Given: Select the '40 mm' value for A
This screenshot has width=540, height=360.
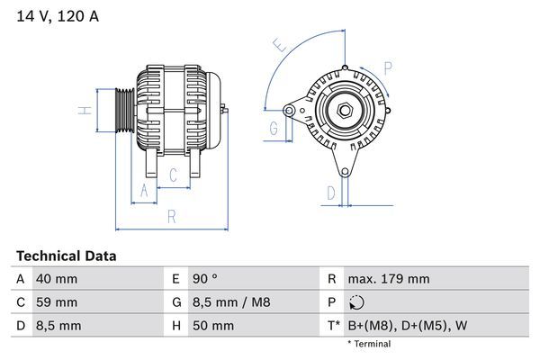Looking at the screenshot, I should point(56,279).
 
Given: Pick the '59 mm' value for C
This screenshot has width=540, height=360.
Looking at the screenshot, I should point(56,302).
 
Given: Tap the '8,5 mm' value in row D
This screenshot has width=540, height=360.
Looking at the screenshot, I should point(58,325).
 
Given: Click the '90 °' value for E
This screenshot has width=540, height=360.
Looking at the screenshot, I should point(208,279).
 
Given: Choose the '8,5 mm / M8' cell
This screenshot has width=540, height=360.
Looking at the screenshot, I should point(231,302).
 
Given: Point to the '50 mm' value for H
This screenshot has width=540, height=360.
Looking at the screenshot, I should point(212,325).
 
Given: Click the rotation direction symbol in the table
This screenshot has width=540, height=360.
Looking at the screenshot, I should point(358,302).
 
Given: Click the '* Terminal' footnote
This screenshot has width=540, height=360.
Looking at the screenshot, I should point(369,344).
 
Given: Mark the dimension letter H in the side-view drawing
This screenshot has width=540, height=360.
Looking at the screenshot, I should point(83,111).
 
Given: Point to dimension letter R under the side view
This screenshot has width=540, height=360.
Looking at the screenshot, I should point(171,217).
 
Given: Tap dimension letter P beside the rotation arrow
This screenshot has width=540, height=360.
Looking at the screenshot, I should point(388,66).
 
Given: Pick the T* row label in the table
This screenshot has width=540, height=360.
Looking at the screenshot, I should point(333,325).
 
